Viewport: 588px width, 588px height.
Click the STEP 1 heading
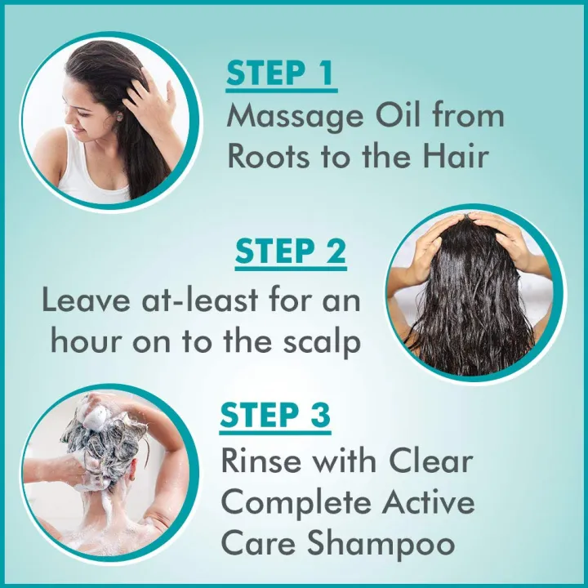(280, 73)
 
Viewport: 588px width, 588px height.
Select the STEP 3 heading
(276, 416)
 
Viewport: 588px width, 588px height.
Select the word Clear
(430, 461)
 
